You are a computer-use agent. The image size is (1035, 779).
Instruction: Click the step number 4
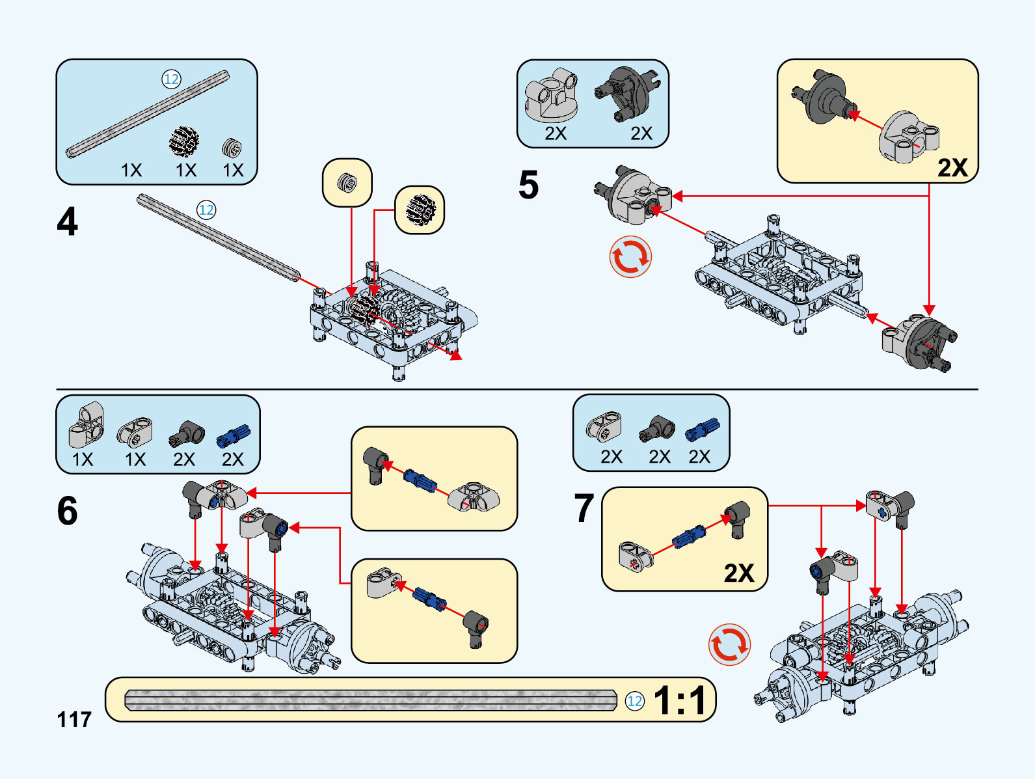point(67,222)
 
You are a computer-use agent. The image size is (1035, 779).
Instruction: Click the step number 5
point(528,185)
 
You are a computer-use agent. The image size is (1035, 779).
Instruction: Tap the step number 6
point(67,511)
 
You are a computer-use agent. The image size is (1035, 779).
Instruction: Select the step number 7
point(584,508)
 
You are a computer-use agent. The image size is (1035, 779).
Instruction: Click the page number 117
point(74,720)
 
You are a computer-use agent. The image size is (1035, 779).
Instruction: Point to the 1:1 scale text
point(680,701)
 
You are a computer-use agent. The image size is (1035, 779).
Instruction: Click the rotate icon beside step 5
point(630,257)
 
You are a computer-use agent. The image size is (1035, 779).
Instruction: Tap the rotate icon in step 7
point(729,645)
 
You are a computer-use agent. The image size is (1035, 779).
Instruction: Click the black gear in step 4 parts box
point(184,141)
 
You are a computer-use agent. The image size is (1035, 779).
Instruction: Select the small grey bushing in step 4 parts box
point(232,148)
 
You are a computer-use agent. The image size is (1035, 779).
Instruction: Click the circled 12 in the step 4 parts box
point(171,79)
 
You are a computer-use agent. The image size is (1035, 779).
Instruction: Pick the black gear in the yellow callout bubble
point(420,210)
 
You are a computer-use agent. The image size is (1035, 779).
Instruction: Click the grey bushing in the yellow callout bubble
point(347,183)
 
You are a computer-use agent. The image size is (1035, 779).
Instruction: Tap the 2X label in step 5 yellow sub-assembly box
point(952,168)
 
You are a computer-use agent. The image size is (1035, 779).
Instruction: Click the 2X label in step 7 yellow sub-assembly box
point(739,573)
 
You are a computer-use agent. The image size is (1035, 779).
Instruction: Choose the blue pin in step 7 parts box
point(702,430)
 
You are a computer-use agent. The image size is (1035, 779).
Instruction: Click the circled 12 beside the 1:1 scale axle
point(634,701)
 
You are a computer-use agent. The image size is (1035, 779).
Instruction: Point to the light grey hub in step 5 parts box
point(552,95)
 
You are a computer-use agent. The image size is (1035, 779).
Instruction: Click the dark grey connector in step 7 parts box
point(658,429)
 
